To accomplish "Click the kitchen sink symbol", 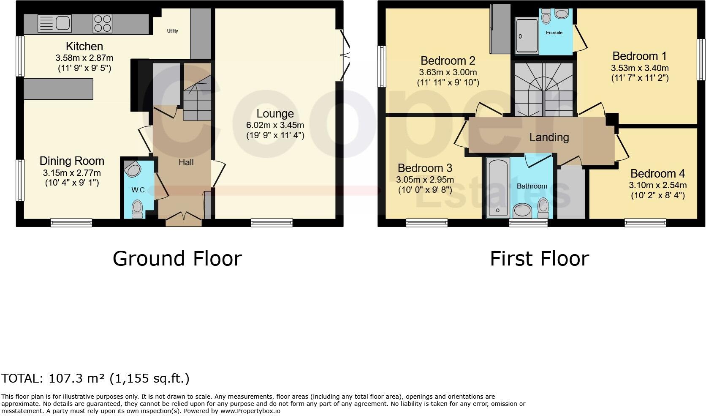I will pyautogui.click(x=54, y=23).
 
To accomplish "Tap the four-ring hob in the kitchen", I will pyautogui.click(x=103, y=23).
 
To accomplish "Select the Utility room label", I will pyautogui.click(x=172, y=31).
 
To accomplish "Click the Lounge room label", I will pyautogui.click(x=275, y=114).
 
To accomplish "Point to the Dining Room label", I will pyautogui.click(x=72, y=161).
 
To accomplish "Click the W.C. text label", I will pyautogui.click(x=138, y=190).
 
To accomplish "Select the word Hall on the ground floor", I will pyautogui.click(x=186, y=162).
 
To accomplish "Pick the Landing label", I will pyautogui.click(x=549, y=137).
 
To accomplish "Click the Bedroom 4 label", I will pyautogui.click(x=657, y=174).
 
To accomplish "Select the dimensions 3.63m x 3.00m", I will pyautogui.click(x=448, y=72).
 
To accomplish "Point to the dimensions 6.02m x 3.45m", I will pyautogui.click(x=275, y=125).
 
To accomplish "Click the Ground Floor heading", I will pyautogui.click(x=177, y=258).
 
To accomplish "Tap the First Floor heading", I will pyautogui.click(x=539, y=258).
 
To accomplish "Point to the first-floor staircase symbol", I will pyautogui.click(x=543, y=90).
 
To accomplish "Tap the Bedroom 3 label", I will pyautogui.click(x=425, y=168).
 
